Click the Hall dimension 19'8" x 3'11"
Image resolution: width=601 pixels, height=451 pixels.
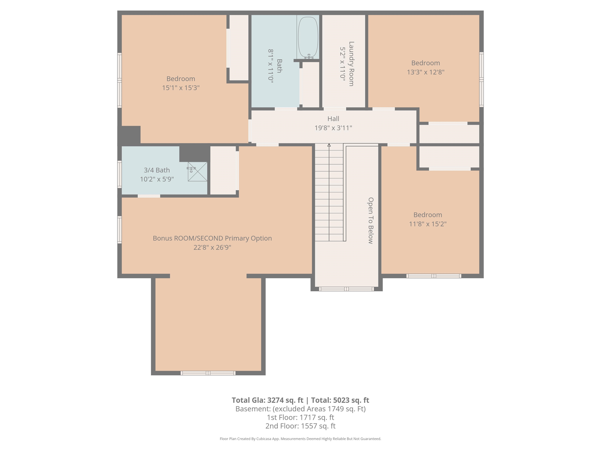(333, 128)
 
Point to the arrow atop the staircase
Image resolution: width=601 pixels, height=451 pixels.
(329, 145)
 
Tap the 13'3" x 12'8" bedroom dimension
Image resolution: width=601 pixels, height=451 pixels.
(426, 72)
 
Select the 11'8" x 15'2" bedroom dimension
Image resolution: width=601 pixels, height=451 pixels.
(428, 224)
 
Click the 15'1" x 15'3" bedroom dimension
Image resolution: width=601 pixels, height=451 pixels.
(181, 88)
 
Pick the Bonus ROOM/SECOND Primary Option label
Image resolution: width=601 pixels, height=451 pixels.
(212, 238)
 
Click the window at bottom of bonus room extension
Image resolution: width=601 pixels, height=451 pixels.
(208, 373)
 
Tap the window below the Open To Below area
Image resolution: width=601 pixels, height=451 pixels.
(346, 289)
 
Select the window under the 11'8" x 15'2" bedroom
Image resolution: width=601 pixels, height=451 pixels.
(434, 276)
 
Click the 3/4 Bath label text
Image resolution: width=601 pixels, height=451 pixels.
(157, 170)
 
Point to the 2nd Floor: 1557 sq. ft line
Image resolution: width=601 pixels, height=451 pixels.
(300, 426)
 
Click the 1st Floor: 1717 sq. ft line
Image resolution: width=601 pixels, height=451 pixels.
(300, 417)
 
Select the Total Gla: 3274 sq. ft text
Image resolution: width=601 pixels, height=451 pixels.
(267, 400)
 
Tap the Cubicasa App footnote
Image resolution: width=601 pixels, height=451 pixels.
(300, 439)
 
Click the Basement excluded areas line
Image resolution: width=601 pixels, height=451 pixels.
(300, 409)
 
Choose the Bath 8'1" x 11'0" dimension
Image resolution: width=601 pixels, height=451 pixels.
(271, 66)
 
